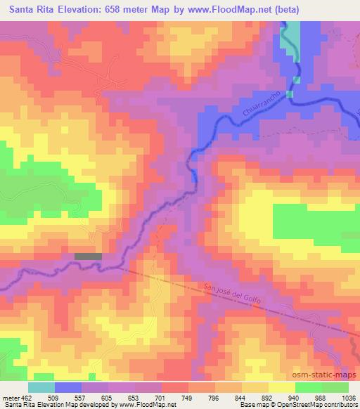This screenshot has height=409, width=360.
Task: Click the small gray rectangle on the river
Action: coord(88,257)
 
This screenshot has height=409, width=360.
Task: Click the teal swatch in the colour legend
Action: coord(41,387)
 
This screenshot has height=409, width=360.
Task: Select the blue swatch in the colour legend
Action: coord(68,387)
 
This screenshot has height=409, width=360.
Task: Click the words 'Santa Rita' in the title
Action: coord(30,8)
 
